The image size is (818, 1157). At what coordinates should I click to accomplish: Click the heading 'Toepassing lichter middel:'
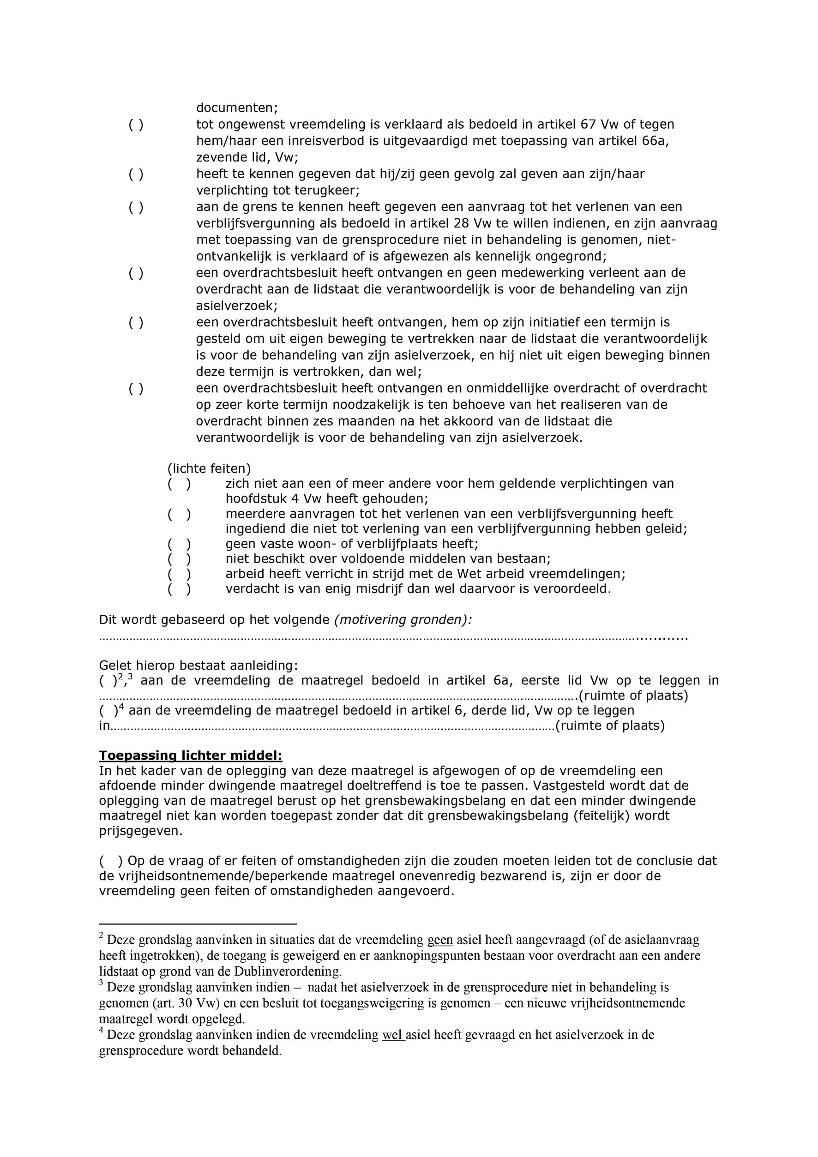click(x=191, y=756)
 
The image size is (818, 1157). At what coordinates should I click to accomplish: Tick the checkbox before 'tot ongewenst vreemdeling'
click(x=136, y=125)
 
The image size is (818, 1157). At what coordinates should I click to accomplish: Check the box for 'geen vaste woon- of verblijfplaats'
click(x=180, y=544)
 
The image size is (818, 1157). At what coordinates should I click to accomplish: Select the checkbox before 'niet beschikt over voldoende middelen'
click(x=180, y=559)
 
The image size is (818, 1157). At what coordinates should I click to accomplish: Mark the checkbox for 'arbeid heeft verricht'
click(x=180, y=574)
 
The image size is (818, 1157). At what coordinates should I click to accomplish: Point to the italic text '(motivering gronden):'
click(x=403, y=620)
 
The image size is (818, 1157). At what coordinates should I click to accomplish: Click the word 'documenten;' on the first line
click(x=237, y=108)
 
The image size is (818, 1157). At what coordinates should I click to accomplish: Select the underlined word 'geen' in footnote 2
click(x=440, y=940)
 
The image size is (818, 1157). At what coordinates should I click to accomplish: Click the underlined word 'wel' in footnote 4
click(x=393, y=1035)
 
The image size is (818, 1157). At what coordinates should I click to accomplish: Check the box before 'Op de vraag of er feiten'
click(x=111, y=861)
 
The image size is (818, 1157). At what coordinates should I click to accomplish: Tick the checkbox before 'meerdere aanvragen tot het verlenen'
click(x=180, y=514)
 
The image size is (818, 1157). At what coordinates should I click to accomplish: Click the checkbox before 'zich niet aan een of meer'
click(x=180, y=484)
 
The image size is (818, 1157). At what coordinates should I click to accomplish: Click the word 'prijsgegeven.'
click(x=141, y=831)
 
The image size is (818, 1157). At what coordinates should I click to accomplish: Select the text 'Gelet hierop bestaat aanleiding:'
click(x=198, y=665)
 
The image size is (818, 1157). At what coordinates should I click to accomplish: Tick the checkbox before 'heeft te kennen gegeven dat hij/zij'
click(x=136, y=174)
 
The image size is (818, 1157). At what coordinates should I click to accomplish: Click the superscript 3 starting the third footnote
click(x=101, y=983)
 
